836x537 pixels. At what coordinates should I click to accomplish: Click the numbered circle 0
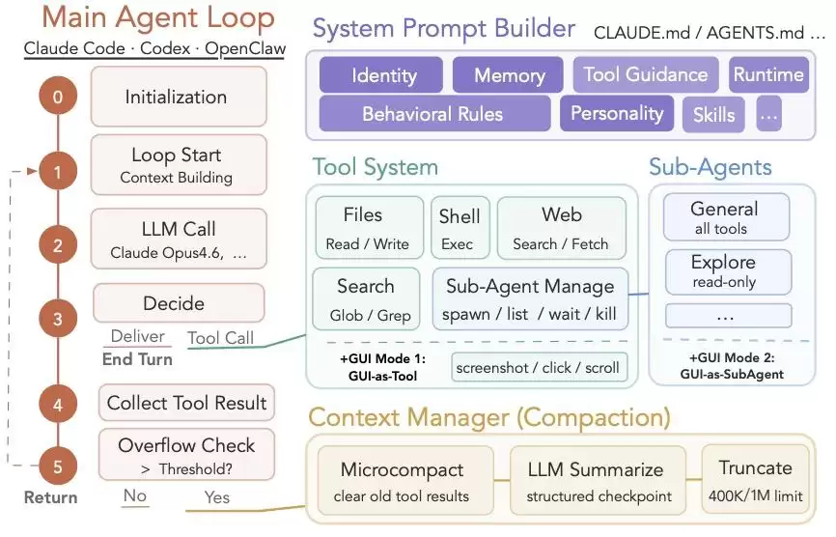coord(58,96)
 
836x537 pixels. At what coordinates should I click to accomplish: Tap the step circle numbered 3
coord(58,319)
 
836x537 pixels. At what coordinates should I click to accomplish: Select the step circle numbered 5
coord(58,466)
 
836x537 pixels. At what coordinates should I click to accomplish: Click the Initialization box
coord(179,97)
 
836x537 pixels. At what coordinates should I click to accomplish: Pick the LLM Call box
coord(179,239)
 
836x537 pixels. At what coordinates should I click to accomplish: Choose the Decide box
coord(179,303)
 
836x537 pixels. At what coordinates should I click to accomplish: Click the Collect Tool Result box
coord(186,403)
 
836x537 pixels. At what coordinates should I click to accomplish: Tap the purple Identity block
coord(381,74)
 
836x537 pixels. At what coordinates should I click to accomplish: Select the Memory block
coord(508,74)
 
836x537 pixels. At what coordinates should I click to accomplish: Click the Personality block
coord(617,113)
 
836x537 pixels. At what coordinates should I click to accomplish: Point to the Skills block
coord(713,114)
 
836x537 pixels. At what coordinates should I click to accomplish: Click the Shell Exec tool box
coord(460,228)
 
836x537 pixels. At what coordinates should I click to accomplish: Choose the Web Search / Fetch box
coord(562,228)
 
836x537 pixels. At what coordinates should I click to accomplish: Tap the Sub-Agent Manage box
coord(530,298)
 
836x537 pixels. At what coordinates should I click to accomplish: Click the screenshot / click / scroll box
coord(539,367)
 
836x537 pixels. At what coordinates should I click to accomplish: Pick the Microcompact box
coord(405,480)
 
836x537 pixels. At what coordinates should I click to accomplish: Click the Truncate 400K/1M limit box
coord(756,479)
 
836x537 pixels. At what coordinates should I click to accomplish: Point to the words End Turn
coord(137,359)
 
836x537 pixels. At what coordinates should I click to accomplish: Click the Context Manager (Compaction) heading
coord(489,417)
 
